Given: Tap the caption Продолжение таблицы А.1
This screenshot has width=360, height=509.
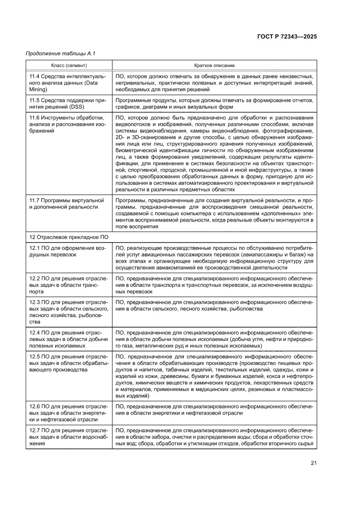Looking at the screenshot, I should [x=61, y=54].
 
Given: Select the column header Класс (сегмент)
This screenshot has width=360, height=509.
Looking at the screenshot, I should [x=69, y=65].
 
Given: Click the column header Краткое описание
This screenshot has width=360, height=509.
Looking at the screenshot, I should [x=214, y=65].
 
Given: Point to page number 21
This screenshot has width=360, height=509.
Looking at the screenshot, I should [x=313, y=462].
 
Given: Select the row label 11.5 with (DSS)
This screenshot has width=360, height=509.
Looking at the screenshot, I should [x=67, y=103].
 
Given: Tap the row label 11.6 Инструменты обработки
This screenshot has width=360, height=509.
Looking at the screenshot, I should [x=67, y=125].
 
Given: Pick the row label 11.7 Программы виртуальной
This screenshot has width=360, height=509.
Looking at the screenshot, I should [x=67, y=203].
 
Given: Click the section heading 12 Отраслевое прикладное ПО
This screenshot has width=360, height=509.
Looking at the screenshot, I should [x=69, y=237].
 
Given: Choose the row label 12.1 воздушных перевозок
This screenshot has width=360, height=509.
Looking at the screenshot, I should [x=67, y=251].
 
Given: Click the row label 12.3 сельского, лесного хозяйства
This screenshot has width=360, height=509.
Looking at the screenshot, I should [x=67, y=312].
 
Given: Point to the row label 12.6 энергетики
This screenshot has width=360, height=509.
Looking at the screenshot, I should [x=67, y=413].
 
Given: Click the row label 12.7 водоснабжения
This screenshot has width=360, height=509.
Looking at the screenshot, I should [x=67, y=437].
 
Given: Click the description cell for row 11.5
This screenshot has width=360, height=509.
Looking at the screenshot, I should [x=214, y=103].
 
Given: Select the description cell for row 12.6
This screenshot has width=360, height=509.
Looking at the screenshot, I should [x=214, y=409].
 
